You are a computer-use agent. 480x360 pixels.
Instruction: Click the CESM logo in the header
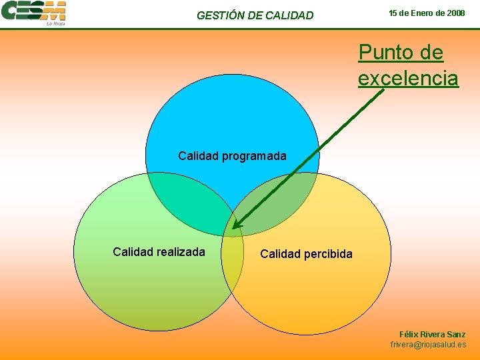33,11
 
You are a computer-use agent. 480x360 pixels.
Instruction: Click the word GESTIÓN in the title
221,15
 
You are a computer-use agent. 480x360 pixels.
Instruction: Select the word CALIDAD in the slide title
289,15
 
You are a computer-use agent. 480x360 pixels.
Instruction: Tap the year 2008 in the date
455,13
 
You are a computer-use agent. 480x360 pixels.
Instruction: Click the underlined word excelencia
408,78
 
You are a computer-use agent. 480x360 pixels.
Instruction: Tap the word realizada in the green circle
180,251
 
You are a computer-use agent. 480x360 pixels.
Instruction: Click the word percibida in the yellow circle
327,253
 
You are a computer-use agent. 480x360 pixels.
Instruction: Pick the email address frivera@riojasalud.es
428,345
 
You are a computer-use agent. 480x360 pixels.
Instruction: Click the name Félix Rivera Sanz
432,334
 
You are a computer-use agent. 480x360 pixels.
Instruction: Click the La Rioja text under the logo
55,23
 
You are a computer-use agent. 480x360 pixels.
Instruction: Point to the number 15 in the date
394,13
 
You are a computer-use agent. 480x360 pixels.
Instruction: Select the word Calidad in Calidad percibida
279,253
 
